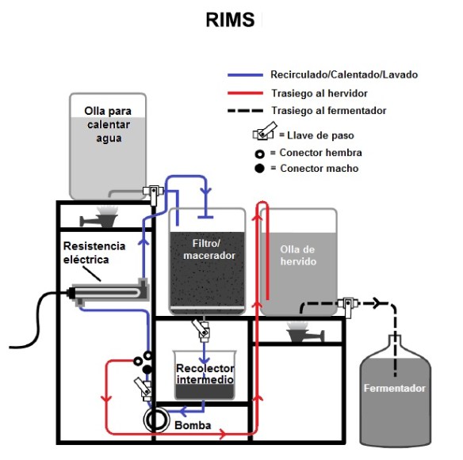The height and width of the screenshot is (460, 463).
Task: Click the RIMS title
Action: tap(230, 20)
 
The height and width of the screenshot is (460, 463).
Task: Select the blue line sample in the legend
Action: tap(245, 75)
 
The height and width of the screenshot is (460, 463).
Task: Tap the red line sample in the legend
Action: tap(245, 93)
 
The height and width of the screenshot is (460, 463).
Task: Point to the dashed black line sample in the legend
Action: tap(245, 111)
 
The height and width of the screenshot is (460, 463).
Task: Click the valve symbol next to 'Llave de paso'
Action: tap(265, 131)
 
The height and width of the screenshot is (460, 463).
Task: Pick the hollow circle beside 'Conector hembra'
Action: tap(259, 154)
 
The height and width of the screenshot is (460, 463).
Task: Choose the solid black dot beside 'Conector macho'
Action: tap(259, 169)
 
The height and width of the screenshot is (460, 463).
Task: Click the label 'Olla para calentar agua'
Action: tap(108, 124)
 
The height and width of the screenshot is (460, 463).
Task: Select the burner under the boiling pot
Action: tap(305, 332)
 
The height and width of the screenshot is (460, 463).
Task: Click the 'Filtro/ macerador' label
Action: tap(209, 249)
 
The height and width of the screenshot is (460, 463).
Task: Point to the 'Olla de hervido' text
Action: tap(298, 256)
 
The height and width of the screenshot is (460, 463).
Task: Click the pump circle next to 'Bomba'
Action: tap(156, 420)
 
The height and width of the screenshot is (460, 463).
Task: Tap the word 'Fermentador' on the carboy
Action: tap(395, 388)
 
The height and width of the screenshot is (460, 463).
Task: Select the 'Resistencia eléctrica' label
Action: tap(94, 253)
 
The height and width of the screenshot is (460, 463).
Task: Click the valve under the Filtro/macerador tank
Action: tap(201, 329)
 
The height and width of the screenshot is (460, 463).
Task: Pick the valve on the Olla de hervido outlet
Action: tap(349, 306)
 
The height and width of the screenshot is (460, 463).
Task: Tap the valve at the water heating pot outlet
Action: tap(153, 193)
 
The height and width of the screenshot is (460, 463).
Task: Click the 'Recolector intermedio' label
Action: tap(205, 374)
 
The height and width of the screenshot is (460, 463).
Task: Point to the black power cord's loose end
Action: tap(10, 347)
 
